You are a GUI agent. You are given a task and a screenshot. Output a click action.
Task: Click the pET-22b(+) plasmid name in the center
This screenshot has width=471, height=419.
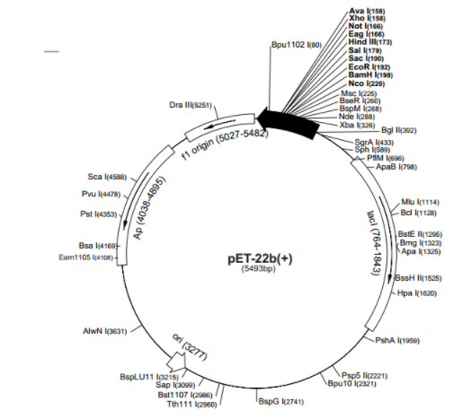click(x=260, y=258)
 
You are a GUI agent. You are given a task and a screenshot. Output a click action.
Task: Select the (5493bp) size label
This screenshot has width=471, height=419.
click(x=258, y=269)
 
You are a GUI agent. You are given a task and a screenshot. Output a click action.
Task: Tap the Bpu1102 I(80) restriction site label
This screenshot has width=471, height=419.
click(x=297, y=45)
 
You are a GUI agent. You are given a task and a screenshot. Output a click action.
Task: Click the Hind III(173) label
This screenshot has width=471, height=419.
click(x=370, y=42)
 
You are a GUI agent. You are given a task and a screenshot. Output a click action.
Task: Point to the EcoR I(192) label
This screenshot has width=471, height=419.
click(x=369, y=66)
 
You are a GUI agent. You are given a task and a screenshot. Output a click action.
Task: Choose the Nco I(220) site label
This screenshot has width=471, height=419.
click(x=367, y=83)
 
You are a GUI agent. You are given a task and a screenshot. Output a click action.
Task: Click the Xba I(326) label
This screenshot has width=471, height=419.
click(x=357, y=125)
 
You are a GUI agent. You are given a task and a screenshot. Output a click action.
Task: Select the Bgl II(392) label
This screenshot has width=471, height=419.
click(x=399, y=130)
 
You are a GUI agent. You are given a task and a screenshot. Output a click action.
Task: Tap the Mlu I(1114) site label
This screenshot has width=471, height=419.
click(x=420, y=202)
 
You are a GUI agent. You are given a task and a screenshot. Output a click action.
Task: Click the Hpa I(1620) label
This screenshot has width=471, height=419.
click(x=417, y=293)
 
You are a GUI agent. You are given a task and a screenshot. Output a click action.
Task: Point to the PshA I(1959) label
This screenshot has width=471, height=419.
click(x=397, y=340)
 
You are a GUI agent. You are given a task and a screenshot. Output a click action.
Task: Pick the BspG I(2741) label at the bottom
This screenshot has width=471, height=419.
click(x=281, y=401)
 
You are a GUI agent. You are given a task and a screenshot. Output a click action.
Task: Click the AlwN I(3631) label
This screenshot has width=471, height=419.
click(x=105, y=331)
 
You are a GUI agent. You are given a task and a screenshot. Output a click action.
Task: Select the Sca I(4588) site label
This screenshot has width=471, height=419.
click(x=107, y=177)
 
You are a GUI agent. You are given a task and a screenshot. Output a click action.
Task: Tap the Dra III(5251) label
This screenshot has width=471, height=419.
click(x=191, y=105)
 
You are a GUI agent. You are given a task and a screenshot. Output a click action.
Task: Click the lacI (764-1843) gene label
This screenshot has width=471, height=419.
click(x=375, y=243)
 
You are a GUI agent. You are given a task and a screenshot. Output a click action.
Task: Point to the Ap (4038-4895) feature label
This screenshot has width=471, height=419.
click(x=149, y=208)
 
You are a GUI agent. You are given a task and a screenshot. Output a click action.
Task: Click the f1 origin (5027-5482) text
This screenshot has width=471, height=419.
click(x=226, y=144)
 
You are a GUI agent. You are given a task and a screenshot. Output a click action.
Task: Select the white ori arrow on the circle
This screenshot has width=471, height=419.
click(x=176, y=362)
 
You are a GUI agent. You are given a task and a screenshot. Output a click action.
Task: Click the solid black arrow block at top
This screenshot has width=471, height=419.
click(x=288, y=123)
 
